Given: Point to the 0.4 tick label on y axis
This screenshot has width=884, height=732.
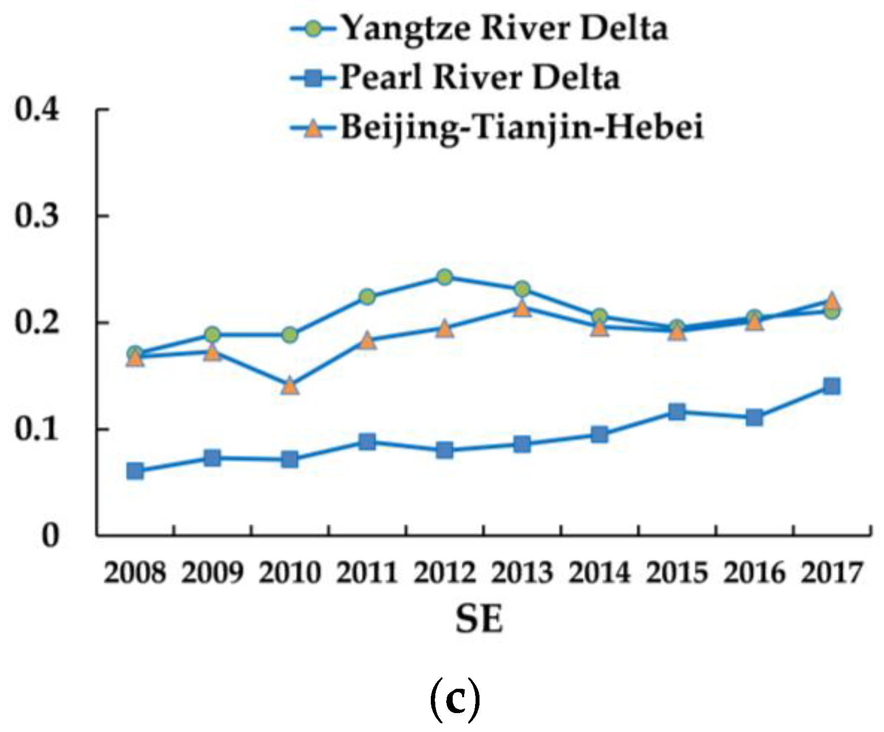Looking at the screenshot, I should tap(37, 108).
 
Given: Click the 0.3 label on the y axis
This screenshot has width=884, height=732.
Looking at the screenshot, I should tap(37, 216).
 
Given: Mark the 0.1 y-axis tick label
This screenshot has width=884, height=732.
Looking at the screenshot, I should tap(37, 429).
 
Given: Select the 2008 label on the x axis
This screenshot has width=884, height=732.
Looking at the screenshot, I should tap(134, 572).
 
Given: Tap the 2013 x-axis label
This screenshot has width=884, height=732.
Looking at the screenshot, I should tap(522, 572).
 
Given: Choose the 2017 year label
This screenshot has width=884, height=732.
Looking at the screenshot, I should tap(832, 572).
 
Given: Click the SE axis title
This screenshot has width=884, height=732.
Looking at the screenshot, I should tap(480, 619).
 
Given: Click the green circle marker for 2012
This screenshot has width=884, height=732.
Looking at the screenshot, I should tap(445, 277).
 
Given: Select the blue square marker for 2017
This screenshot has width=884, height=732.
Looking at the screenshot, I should tap(832, 386).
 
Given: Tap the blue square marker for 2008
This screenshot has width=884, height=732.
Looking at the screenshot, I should tap(135, 471).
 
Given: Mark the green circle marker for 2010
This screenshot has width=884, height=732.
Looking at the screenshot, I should tap(290, 335).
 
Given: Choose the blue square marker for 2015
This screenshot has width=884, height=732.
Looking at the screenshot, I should tap(677, 412).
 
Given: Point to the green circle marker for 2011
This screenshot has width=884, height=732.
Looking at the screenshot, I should tap(367, 297).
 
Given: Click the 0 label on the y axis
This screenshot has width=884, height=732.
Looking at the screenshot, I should tap(50, 536).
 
